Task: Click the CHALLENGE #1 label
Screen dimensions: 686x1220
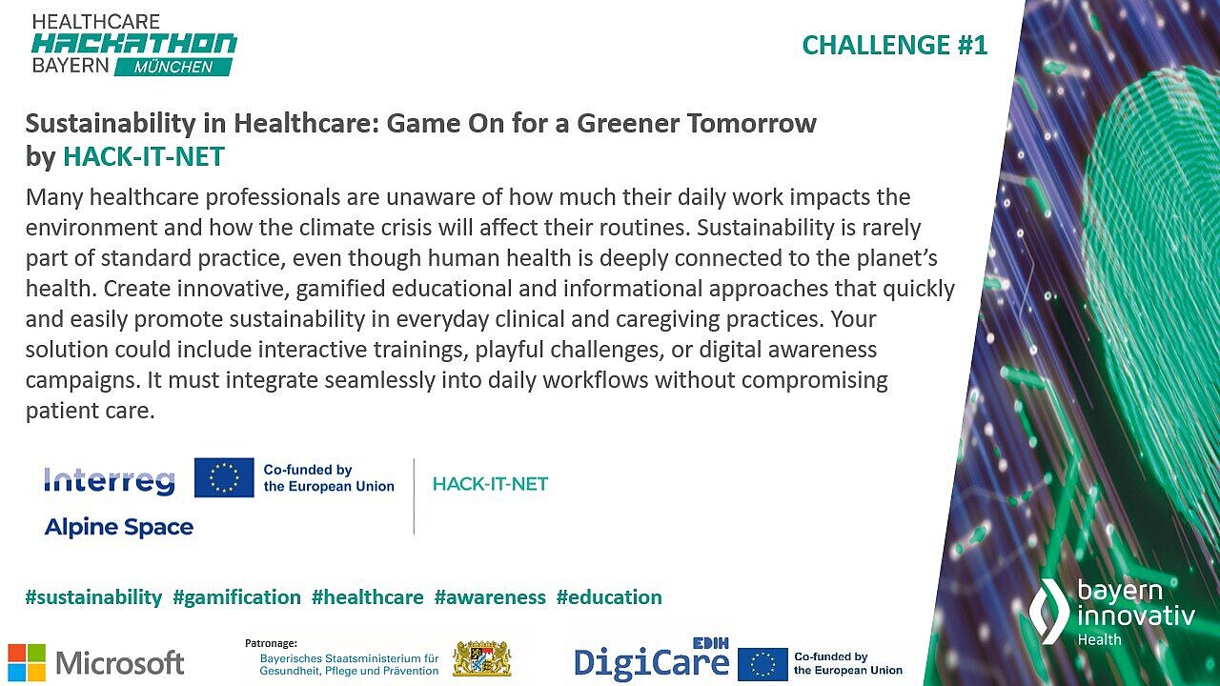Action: [x=894, y=45]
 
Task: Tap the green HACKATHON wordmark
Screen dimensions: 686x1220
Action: [x=134, y=43]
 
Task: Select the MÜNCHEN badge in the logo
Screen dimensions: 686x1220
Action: [x=173, y=67]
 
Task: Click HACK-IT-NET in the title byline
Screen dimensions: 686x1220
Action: [x=144, y=156]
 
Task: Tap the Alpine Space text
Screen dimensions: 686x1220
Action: [x=118, y=527]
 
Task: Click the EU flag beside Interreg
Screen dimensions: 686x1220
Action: [x=224, y=477]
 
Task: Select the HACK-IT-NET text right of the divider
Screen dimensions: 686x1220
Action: [x=490, y=484]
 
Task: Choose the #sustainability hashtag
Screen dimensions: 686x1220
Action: [x=93, y=597]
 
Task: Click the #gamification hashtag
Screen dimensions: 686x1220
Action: [x=236, y=597]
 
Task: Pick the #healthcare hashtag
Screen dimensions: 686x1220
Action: [x=367, y=597]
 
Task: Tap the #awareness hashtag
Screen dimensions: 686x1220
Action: [x=490, y=597]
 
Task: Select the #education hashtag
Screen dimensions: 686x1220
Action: [x=609, y=597]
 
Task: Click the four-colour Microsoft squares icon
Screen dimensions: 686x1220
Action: [x=27, y=662]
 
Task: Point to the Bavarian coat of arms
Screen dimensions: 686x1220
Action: [x=481, y=658]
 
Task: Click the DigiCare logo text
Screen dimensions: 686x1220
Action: [x=651, y=662]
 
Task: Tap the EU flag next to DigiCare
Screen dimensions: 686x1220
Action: [x=762, y=664]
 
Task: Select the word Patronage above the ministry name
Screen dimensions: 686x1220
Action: [x=272, y=643]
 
